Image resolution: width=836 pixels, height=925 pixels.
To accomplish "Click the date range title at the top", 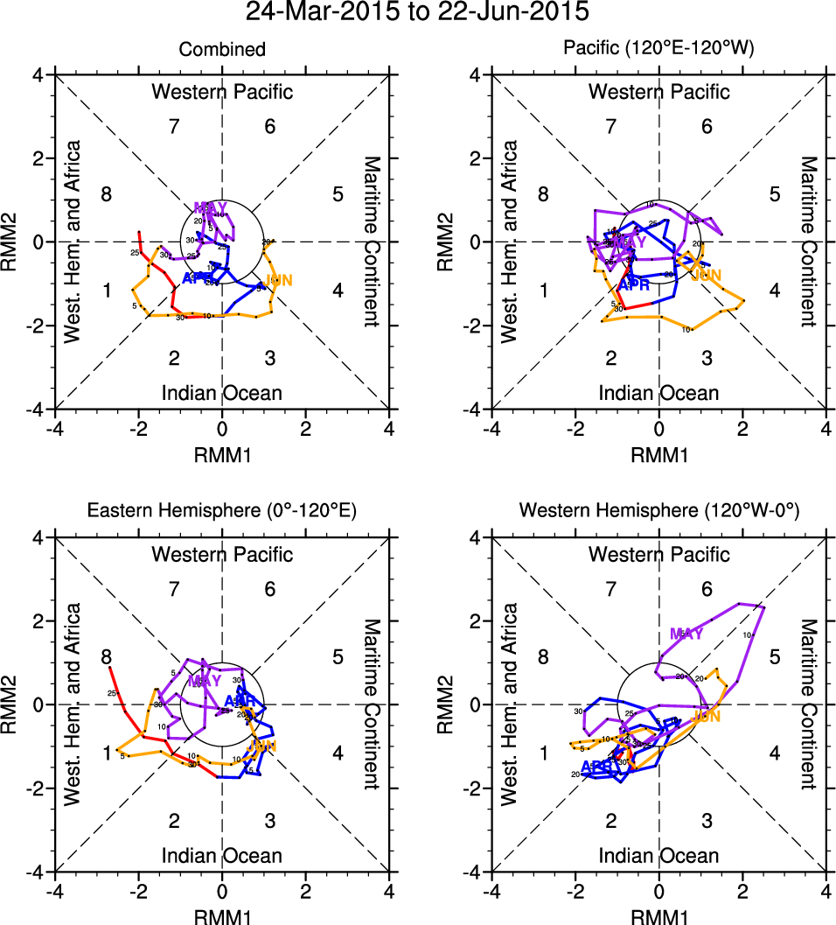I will click(418, 13).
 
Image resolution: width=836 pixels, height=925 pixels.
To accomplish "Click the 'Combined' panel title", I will click(222, 50).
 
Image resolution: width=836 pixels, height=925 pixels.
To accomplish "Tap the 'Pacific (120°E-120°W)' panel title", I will click(658, 50).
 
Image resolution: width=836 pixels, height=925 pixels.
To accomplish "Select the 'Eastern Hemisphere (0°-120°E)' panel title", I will click(222, 513).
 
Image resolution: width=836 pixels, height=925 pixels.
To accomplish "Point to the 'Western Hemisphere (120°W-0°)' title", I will click(658, 513).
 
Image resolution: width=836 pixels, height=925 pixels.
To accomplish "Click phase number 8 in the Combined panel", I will click(107, 194).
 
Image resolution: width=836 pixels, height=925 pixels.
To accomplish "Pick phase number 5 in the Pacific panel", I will click(774, 194).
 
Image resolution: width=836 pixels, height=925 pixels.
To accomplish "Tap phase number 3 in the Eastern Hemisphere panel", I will click(270, 821).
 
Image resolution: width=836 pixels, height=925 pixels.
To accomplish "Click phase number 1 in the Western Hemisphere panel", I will click(543, 753).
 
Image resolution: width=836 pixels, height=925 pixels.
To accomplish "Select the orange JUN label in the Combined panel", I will click(278, 280).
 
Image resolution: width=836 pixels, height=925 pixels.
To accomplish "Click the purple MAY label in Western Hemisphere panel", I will click(686, 634).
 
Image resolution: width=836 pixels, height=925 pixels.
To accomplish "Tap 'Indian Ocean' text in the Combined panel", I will click(222, 392).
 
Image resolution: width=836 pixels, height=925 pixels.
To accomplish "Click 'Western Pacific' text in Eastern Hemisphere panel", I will click(222, 554).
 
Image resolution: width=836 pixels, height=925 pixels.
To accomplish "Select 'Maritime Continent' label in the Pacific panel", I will click(808, 241).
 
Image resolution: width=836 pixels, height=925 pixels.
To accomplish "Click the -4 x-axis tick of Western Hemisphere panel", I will click(491, 892).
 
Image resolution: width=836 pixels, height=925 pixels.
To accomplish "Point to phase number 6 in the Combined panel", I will click(270, 126).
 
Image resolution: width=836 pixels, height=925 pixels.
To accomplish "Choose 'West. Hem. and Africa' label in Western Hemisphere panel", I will click(509, 704).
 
